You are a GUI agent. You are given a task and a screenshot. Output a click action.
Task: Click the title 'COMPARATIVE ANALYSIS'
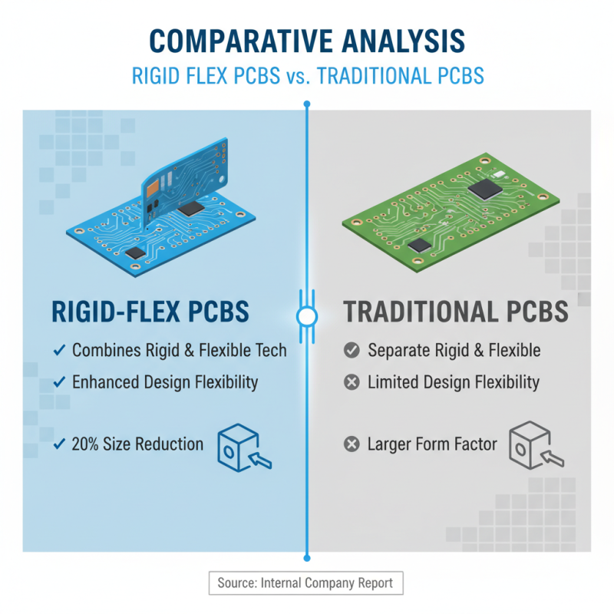tap(307, 41)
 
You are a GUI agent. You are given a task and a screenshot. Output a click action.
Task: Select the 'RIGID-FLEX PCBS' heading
tap(150, 312)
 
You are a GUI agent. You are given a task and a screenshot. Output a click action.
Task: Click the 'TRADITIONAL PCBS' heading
tap(455, 312)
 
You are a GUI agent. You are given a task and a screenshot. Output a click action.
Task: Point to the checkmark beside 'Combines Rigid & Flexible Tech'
tap(59, 351)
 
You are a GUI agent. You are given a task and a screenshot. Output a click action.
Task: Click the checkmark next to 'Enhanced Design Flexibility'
tap(59, 382)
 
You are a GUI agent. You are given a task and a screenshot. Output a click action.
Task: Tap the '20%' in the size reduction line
tap(86, 444)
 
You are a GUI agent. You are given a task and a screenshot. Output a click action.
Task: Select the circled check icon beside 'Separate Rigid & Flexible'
tap(352, 351)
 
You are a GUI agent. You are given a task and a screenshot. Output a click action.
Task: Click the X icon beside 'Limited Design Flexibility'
tap(352, 382)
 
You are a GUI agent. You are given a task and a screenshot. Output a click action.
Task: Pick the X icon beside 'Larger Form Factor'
tap(352, 444)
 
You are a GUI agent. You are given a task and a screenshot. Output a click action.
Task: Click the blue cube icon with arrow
tap(244, 447)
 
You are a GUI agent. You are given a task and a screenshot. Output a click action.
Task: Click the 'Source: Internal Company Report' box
tap(305, 583)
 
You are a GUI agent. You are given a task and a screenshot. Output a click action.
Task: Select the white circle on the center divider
tap(307, 315)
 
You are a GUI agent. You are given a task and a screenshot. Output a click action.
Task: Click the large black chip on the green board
tap(482, 190)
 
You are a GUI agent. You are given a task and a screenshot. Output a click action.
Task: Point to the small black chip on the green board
tap(420, 245)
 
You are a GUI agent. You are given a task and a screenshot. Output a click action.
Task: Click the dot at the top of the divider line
tap(307, 103)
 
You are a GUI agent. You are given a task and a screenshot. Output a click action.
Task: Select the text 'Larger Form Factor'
tap(432, 444)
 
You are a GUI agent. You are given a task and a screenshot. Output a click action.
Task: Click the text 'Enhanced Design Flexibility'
tap(165, 382)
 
